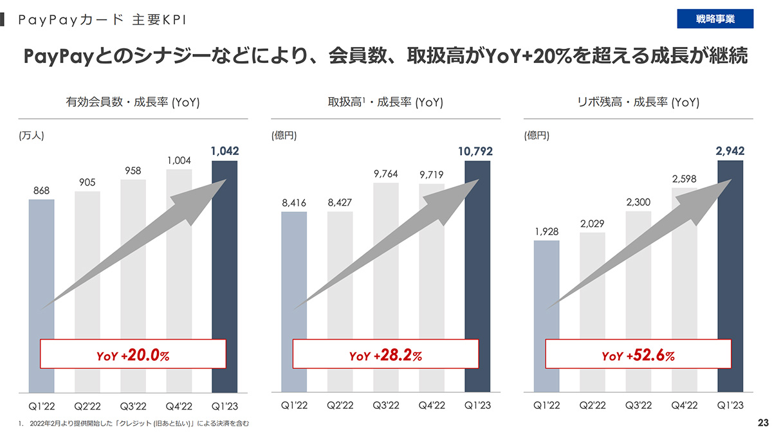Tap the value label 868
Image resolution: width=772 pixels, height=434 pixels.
[x=41, y=191]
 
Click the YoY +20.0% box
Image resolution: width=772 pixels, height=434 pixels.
[x=133, y=354]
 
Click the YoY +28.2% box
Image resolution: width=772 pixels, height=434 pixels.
[x=386, y=354]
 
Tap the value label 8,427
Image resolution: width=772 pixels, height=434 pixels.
[x=340, y=203]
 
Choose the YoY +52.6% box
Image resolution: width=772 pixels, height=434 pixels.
[x=638, y=354]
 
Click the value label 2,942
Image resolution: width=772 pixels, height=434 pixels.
[x=730, y=152]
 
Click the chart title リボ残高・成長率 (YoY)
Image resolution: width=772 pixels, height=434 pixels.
[x=638, y=102]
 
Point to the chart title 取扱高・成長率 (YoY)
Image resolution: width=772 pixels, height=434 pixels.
[x=385, y=102]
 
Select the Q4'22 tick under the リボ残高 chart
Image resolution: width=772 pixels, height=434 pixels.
[x=684, y=406]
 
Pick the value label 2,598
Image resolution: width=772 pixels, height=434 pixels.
[x=684, y=179]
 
